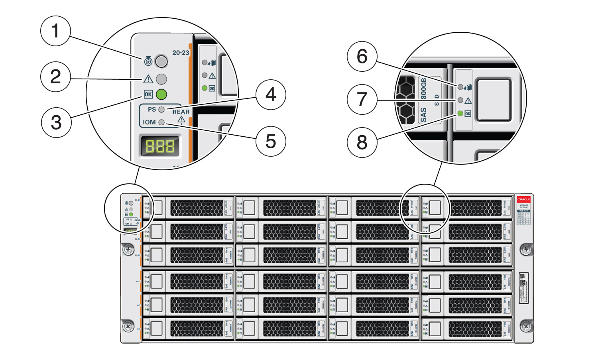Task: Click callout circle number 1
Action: coord(56,31)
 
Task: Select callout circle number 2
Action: coord(56,77)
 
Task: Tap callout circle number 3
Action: coord(56,122)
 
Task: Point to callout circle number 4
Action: coord(271,95)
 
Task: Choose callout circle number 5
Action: coord(271,141)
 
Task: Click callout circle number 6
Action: coord(362,56)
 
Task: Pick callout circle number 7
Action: coord(362,99)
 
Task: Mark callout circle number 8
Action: coord(362,142)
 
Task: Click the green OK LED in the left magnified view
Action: coord(161,94)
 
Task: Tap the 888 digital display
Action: coord(160,146)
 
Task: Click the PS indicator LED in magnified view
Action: coord(161,109)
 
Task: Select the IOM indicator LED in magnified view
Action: coord(161,122)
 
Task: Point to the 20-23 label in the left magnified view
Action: coord(181,53)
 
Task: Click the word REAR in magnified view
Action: coord(181,112)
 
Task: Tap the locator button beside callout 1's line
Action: coord(161,61)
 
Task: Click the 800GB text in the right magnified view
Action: coord(423,89)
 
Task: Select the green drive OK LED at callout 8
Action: coord(460,114)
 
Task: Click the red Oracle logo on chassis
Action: coord(523,199)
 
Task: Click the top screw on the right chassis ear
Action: coord(526,250)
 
